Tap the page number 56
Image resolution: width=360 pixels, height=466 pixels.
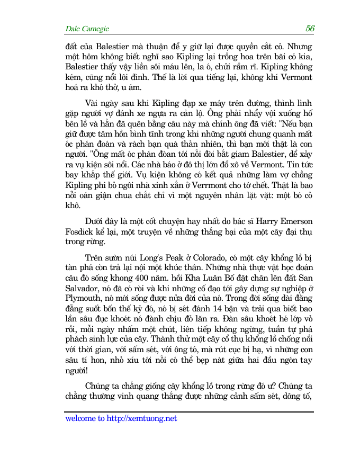pyautogui.click(x=310, y=28)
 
